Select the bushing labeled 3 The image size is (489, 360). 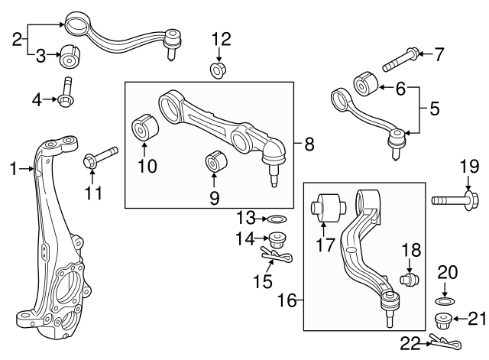[71, 57]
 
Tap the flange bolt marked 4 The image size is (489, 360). [66, 94]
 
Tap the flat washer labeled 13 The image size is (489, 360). [279, 220]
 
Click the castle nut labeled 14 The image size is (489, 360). [279, 238]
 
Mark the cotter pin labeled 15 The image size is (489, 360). [276, 255]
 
